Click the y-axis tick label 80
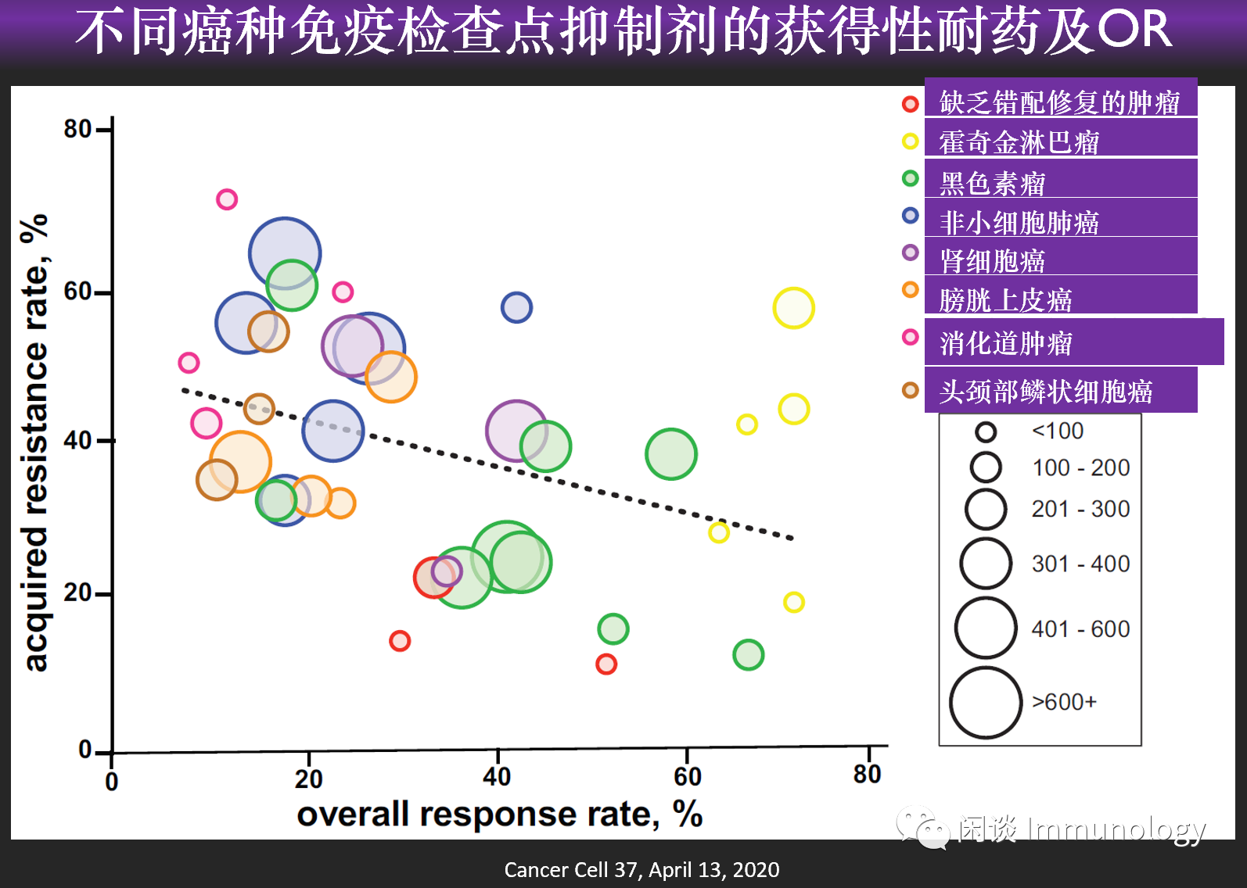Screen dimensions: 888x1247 pyautogui.click(x=77, y=129)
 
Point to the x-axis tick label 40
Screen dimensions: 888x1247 pyautogui.click(x=497, y=777)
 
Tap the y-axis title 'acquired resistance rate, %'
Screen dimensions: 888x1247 pyautogui.click(x=35, y=442)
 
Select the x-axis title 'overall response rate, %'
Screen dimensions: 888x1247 pyautogui.click(x=499, y=815)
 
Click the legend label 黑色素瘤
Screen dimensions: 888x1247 pyautogui.click(x=992, y=184)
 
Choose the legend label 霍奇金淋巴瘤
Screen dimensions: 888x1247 pyautogui.click(x=1019, y=143)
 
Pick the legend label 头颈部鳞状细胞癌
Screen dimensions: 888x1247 pyautogui.click(x=1045, y=392)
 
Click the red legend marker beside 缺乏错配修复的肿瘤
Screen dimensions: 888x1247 pyautogui.click(x=910, y=104)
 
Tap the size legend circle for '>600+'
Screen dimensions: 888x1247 pyautogui.click(x=986, y=703)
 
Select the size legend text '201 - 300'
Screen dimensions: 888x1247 pyautogui.click(x=1080, y=510)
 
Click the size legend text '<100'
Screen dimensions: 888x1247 pyautogui.click(x=1058, y=431)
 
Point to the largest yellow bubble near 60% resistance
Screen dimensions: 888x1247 pyautogui.click(x=793, y=308)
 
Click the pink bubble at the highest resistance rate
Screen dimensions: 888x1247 pyautogui.click(x=227, y=199)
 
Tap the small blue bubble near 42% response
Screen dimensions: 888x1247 pyautogui.click(x=516, y=307)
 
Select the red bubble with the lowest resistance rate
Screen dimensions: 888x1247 pyautogui.click(x=606, y=664)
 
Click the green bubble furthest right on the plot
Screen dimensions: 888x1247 pyautogui.click(x=748, y=655)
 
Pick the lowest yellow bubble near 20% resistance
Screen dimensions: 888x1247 pyautogui.click(x=793, y=602)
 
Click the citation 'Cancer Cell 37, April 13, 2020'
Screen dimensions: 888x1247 pyautogui.click(x=641, y=870)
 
